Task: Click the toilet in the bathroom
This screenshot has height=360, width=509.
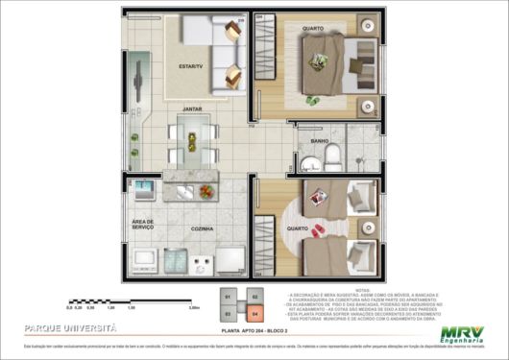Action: (x=329, y=156)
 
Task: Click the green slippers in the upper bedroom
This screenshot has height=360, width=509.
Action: (x=312, y=101)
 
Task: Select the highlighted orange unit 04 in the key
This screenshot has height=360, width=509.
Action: (x=255, y=312)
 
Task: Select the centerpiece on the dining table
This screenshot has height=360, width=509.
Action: (x=193, y=141)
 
